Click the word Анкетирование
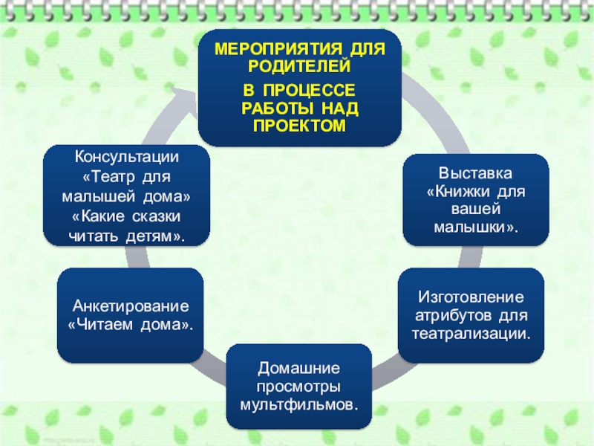point(131,306)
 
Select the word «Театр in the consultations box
point(105,177)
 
